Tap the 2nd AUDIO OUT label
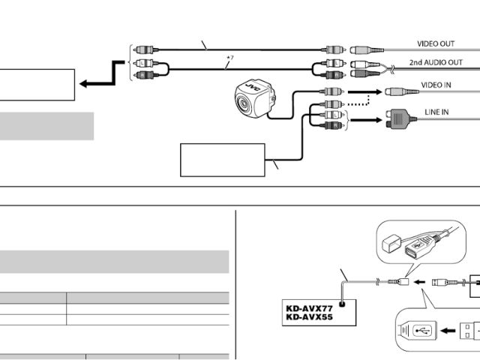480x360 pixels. [435, 63]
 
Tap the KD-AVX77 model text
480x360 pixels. [308, 307]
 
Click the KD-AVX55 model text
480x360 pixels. [308, 316]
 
